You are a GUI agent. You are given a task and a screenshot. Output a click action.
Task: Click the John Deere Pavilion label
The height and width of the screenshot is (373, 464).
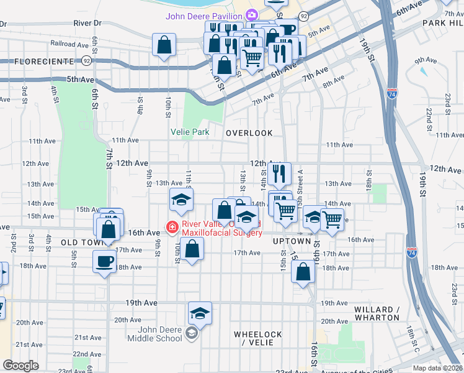(x=203, y=16)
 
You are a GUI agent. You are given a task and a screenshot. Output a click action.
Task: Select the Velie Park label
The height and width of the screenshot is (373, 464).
(x=190, y=132)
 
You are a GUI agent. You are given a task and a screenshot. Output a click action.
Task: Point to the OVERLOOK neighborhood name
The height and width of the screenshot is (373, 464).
(x=249, y=133)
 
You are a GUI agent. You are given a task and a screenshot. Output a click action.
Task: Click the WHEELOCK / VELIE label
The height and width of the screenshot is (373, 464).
(x=257, y=338)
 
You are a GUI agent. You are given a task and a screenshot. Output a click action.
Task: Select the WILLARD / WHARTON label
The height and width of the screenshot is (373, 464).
(x=377, y=313)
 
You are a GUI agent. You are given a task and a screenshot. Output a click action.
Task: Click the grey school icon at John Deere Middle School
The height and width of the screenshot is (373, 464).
(x=192, y=335)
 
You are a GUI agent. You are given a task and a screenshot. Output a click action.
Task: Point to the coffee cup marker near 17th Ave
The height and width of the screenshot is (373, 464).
(x=104, y=260)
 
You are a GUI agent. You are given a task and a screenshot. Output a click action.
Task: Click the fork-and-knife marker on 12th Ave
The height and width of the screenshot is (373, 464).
(x=280, y=172)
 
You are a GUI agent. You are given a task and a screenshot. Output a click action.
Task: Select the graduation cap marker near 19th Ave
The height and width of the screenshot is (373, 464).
(x=200, y=313)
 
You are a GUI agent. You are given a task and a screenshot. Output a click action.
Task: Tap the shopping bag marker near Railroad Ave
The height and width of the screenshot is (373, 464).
(x=163, y=45)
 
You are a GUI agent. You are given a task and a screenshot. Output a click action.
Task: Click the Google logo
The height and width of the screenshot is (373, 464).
(x=20, y=366)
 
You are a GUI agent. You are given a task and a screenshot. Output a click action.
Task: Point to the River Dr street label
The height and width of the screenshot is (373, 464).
(x=87, y=22)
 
